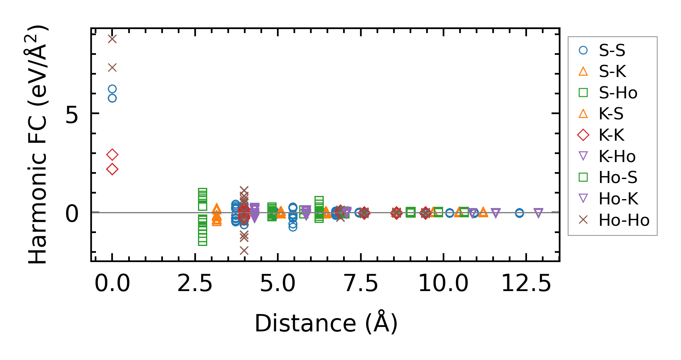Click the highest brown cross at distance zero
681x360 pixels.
(112, 39)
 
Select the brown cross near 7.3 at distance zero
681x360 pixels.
(112, 67)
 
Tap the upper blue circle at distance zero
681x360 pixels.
(112, 89)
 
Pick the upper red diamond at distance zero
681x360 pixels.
(112, 154)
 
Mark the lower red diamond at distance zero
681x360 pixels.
(112, 169)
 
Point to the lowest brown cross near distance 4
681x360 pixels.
(244, 251)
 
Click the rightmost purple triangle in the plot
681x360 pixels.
(538, 213)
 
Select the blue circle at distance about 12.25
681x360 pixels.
(519, 213)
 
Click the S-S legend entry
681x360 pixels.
(612, 50)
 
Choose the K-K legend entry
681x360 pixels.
(611, 135)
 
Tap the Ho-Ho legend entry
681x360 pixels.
(624, 220)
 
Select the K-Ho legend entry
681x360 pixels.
(617, 156)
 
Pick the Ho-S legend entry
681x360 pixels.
(618, 177)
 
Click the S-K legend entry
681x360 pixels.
(612, 72)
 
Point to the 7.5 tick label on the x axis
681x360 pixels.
(360, 283)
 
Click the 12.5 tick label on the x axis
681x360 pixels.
(526, 283)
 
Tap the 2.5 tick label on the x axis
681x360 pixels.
(195, 283)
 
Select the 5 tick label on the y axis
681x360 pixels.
(72, 116)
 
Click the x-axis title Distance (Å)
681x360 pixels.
(326, 323)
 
